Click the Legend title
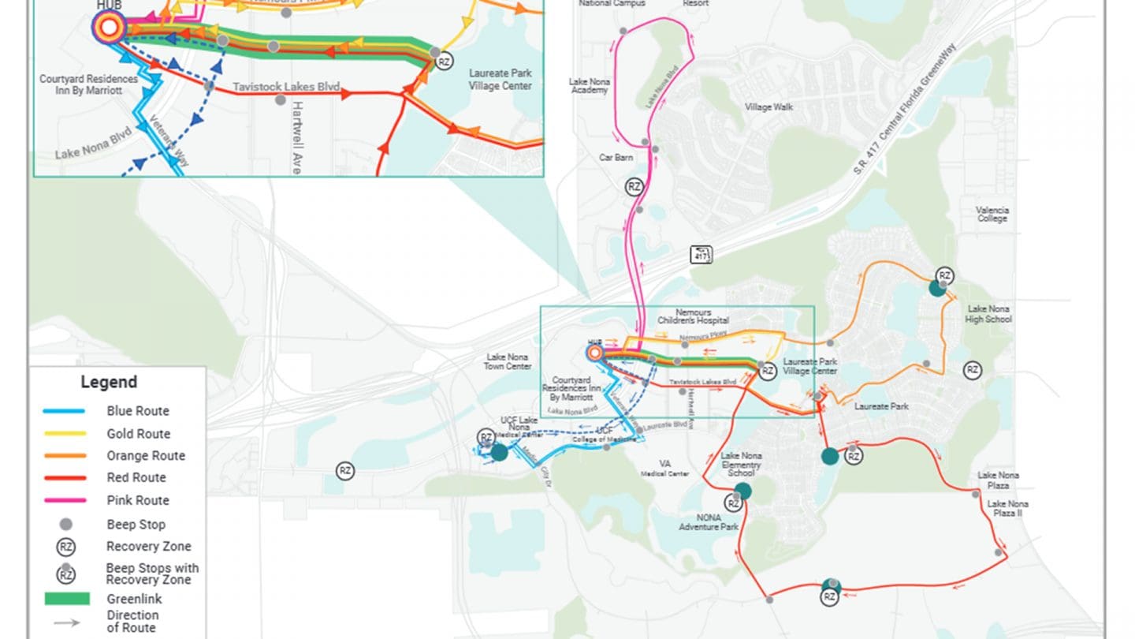109,383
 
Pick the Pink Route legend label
138,500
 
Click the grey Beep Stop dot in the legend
66,525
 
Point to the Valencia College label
992,215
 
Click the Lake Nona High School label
989,314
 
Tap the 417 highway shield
701,255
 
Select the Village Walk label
769,107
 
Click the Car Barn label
616,158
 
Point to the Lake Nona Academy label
589,86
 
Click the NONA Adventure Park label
709,521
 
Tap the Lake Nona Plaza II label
1007,509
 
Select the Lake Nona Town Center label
508,361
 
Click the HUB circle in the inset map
109,29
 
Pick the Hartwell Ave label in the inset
298,137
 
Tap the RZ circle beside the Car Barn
634,187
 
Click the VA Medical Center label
665,469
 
